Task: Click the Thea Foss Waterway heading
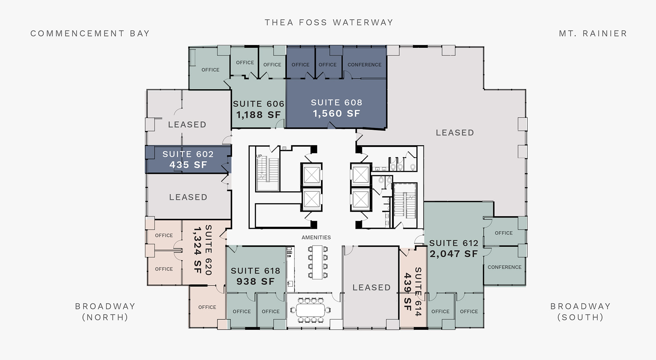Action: pyautogui.click(x=329, y=23)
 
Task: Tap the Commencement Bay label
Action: pyautogui.click(x=90, y=34)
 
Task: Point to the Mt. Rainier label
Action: pyautogui.click(x=593, y=34)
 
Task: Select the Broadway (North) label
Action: pyautogui.click(x=105, y=312)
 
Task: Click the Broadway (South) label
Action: pyautogui.click(x=580, y=312)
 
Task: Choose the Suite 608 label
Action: pyautogui.click(x=336, y=103)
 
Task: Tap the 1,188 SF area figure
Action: pyautogui.click(x=258, y=115)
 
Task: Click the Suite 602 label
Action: pyautogui.click(x=188, y=154)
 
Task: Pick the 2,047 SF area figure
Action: pyautogui.click(x=453, y=254)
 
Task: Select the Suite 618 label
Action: pyautogui.click(x=255, y=271)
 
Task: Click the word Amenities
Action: pyautogui.click(x=316, y=238)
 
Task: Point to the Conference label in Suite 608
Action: pyautogui.click(x=364, y=65)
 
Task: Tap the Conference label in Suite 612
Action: pyautogui.click(x=504, y=267)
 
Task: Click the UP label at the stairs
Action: pyautogui.click(x=259, y=156)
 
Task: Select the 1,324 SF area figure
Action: pyautogui.click(x=197, y=250)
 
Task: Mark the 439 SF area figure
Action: pyautogui.click(x=408, y=291)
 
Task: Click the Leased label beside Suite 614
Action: pyautogui.click(x=371, y=287)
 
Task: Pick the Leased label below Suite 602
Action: pyautogui.click(x=188, y=197)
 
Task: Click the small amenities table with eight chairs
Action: pyautogui.click(x=317, y=262)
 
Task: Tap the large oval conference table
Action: pyautogui.click(x=310, y=310)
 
